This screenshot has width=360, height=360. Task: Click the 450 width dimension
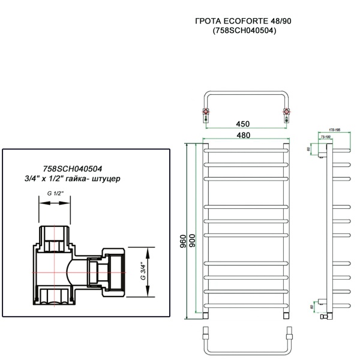(x=242, y=124)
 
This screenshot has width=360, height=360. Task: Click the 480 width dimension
(x=243, y=135)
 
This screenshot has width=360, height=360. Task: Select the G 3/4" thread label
(x=142, y=272)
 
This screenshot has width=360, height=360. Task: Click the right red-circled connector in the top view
(x=286, y=112)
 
